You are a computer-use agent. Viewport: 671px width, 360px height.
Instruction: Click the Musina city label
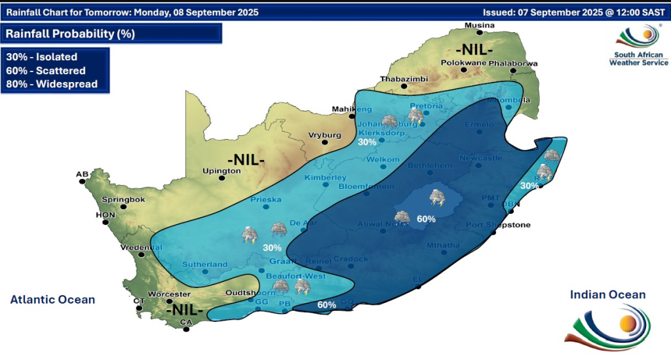478,26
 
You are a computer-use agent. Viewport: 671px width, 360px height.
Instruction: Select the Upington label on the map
222,170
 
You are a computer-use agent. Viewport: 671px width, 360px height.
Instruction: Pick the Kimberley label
325,178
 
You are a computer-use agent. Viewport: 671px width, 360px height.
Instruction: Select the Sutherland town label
206,264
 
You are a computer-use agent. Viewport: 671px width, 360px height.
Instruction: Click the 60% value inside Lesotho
426,219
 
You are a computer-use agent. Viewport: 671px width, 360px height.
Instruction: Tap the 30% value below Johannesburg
367,142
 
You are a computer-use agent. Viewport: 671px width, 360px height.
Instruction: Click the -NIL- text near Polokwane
475,50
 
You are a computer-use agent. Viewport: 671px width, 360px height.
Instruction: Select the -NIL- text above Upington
246,159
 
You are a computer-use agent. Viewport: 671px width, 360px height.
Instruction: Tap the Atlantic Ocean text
52,300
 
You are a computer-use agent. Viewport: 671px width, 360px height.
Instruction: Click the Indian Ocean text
607,295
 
